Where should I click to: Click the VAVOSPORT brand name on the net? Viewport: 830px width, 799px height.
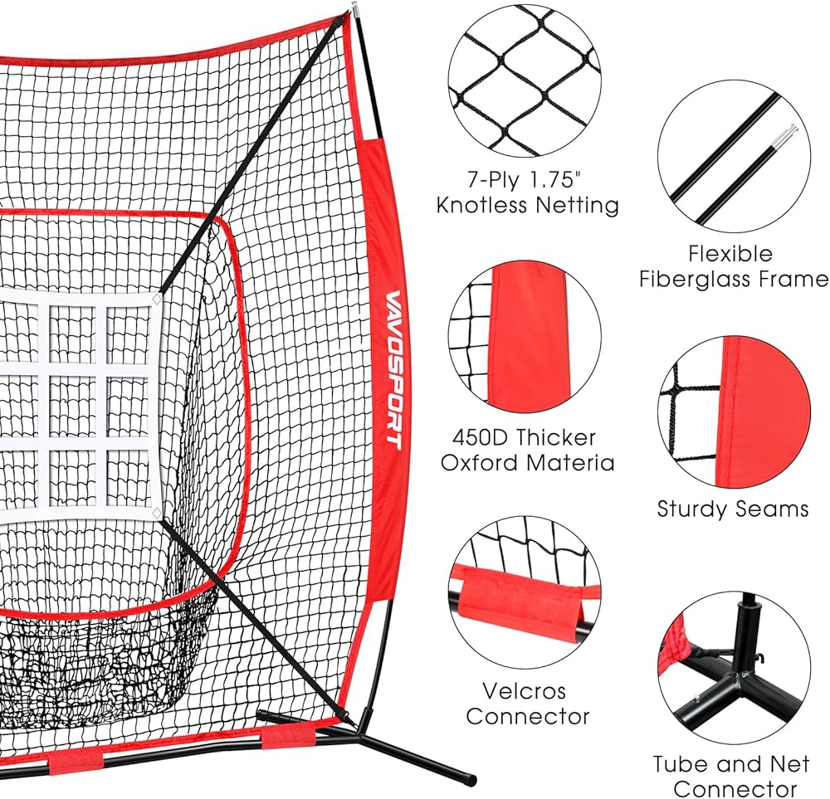(392, 369)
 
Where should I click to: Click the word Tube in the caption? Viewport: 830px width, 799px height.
(677, 763)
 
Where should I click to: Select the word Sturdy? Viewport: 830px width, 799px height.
(691, 509)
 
